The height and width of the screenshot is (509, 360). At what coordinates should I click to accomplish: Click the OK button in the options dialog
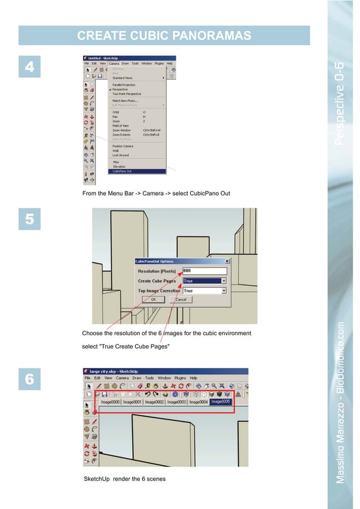153,300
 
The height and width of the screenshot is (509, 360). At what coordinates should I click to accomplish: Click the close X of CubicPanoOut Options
227,261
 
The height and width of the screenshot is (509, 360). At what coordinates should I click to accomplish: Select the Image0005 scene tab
221,402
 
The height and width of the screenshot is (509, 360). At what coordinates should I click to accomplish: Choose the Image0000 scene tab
111,402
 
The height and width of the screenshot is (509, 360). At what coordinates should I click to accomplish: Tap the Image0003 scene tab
177,402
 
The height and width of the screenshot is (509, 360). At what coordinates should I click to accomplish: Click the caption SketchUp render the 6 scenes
117,479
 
